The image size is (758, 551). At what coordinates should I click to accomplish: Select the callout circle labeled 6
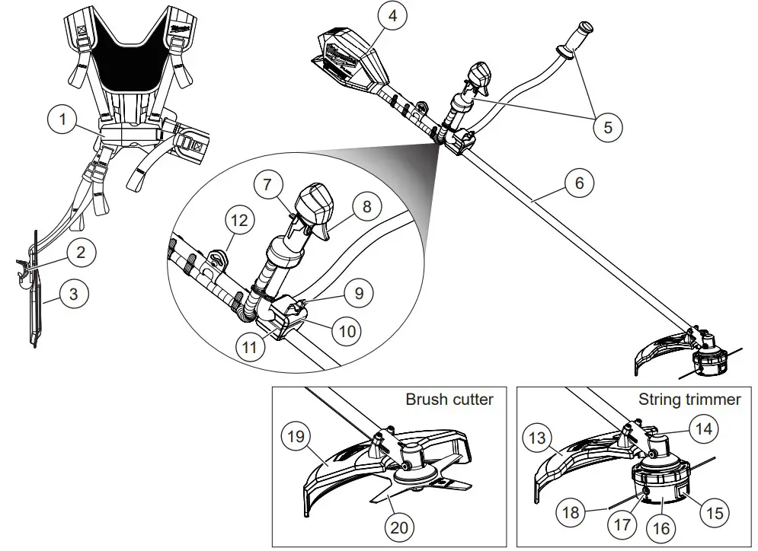pyautogui.click(x=580, y=183)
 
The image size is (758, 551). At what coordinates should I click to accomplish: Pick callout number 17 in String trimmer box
pyautogui.click(x=622, y=524)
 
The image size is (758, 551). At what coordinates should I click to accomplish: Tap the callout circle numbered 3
pyautogui.click(x=74, y=294)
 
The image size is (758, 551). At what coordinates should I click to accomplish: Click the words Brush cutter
pyautogui.click(x=449, y=400)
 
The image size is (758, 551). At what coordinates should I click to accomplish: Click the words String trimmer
pyautogui.click(x=689, y=400)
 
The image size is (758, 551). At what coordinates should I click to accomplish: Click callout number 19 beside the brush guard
pyautogui.click(x=296, y=437)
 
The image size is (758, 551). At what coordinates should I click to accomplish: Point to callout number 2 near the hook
pyautogui.click(x=82, y=251)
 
